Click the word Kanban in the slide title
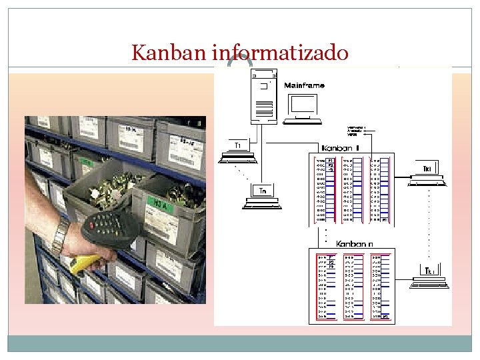(x=170, y=52)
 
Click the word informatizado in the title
(x=281, y=52)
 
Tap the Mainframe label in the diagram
(x=304, y=85)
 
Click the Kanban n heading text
(x=354, y=243)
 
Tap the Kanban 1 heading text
(x=340, y=147)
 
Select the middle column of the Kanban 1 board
(x=351, y=191)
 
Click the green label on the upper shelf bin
(x=87, y=161)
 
